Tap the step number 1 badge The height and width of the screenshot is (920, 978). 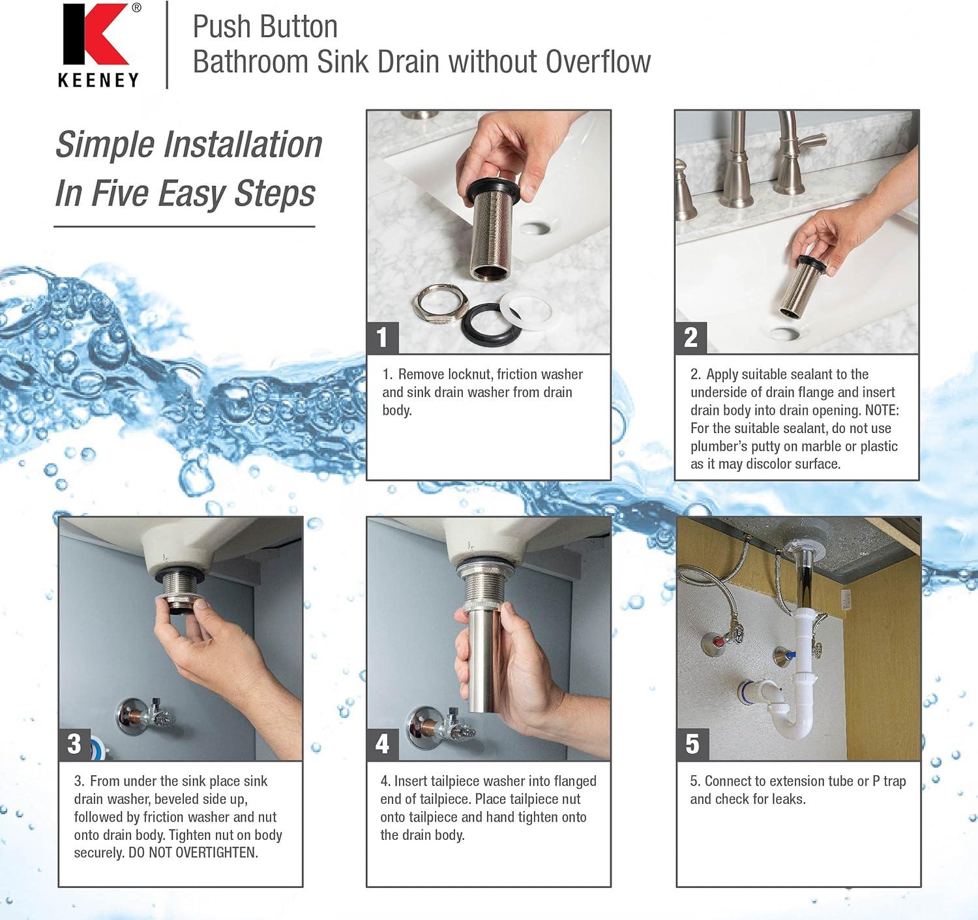382,337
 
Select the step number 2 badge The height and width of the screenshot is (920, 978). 690,337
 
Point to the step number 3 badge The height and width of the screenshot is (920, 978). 74,743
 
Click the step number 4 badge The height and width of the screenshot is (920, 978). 382,743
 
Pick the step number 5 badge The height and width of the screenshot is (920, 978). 692,743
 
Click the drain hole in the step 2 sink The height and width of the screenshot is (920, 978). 784,333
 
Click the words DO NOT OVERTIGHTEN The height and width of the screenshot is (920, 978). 193,853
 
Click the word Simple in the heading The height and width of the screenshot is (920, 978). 106,145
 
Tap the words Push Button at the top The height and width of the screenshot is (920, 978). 265,27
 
